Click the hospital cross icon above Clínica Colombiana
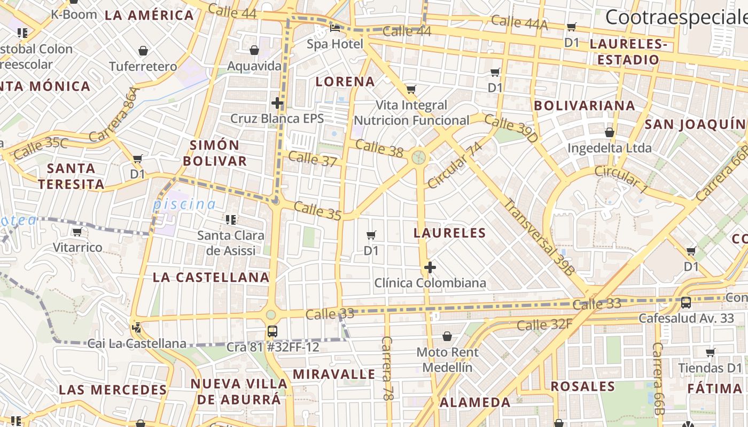click(x=430, y=267)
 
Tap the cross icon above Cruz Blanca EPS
click(x=277, y=102)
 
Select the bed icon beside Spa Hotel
click(x=335, y=28)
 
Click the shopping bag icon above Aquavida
click(x=254, y=50)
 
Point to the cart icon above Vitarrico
click(x=77, y=232)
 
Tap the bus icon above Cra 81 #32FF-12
click(x=272, y=331)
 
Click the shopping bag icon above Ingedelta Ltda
click(x=609, y=132)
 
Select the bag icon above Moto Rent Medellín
click(x=447, y=336)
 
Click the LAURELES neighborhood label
click(x=450, y=233)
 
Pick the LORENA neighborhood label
click(x=345, y=82)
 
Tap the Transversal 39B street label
click(x=539, y=237)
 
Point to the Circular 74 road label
click(x=455, y=165)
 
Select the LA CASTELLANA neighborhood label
click(x=211, y=277)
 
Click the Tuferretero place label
click(x=143, y=67)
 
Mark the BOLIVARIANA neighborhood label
click(x=585, y=106)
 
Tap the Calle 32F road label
click(x=544, y=325)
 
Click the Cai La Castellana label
click(x=137, y=343)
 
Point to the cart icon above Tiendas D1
click(x=710, y=352)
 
